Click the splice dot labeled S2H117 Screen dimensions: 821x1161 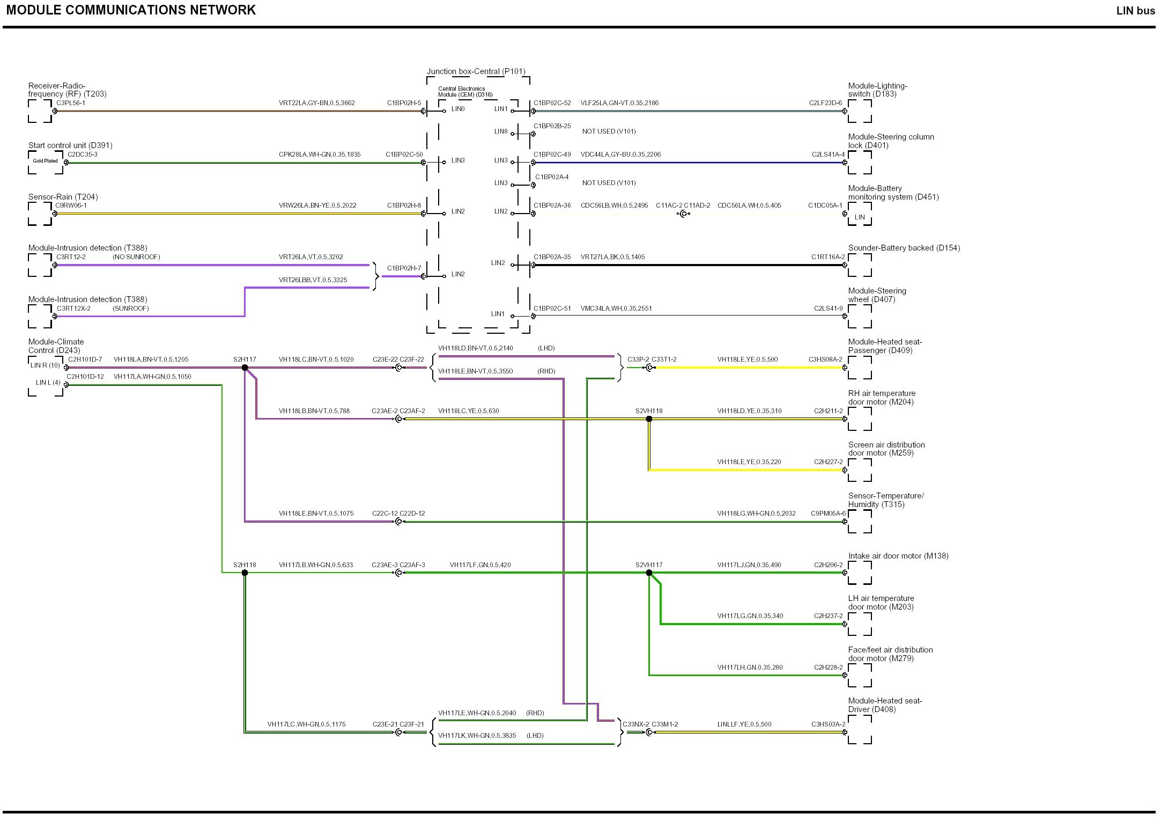245,368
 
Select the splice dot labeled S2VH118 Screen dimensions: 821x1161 649,419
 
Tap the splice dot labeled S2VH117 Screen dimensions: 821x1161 649,573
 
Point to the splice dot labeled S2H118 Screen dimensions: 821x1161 245,573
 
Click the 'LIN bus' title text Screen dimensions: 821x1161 1135,11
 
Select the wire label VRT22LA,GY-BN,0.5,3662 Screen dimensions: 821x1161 316,103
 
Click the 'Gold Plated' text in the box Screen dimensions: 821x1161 45,161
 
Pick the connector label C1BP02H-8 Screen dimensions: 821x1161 404,206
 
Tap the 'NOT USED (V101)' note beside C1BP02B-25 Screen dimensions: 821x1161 609,131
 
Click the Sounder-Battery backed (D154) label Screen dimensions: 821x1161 904,248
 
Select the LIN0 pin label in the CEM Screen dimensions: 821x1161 458,109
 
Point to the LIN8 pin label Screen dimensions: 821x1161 501,131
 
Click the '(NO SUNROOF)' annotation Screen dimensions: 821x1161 136,257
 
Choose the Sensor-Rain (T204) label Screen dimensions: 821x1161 63,197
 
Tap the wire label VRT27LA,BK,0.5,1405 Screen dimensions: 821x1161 612,257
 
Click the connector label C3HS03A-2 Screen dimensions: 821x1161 828,724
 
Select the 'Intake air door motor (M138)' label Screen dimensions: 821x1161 898,556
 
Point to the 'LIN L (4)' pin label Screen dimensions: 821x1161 48,383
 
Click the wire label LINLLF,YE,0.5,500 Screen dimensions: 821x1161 744,724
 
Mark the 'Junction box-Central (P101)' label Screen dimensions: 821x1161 476,71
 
